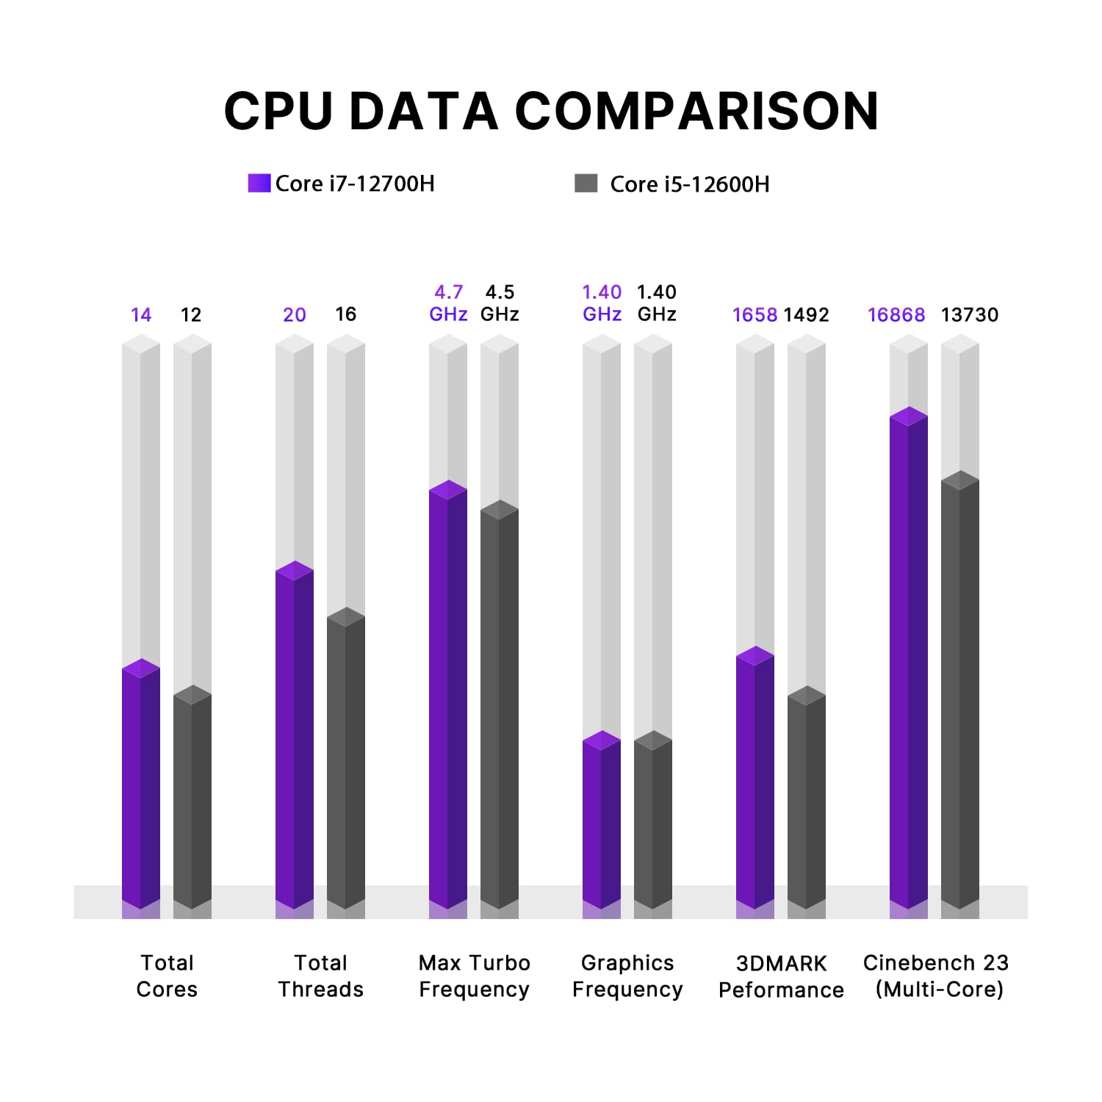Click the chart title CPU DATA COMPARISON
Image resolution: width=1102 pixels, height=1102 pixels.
551,112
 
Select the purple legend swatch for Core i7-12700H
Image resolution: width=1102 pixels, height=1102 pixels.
259,183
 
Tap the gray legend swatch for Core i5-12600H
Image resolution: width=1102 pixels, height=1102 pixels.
586,183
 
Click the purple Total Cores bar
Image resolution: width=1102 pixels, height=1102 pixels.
141,786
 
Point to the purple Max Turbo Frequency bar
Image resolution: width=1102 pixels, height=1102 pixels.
448,698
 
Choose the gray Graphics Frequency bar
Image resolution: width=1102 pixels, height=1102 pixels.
653,823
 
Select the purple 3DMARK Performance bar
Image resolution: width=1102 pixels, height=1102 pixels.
755,779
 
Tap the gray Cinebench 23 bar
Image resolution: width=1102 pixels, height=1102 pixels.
960,691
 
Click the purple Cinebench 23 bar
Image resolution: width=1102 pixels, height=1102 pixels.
909,661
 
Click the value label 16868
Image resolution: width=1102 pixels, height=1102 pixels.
896,315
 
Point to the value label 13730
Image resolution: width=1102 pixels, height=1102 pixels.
970,315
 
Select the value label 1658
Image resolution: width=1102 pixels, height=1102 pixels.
755,315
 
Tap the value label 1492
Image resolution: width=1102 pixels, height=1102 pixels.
806,315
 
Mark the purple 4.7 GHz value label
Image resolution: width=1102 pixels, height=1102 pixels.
448,303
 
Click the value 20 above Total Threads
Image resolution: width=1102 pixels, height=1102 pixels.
295,315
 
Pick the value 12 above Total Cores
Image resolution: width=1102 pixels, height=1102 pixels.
191,315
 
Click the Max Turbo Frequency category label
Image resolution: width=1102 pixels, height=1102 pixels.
475,976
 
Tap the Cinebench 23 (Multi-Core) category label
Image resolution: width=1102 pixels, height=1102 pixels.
936,976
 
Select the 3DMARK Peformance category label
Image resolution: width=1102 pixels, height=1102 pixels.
781,976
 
